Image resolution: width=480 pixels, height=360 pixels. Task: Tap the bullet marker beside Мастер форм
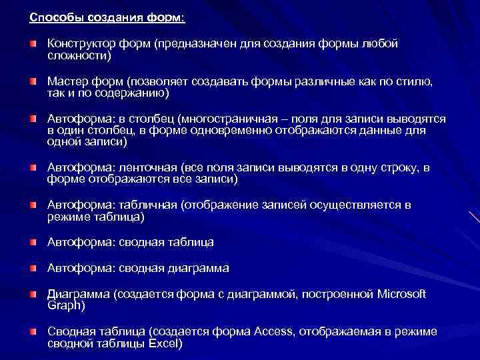click(33, 81)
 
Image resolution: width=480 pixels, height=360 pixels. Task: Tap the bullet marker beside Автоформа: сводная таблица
click(33, 242)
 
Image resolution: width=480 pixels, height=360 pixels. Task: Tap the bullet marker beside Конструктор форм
click(33, 43)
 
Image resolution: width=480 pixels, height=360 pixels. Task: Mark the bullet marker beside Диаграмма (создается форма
click(33, 294)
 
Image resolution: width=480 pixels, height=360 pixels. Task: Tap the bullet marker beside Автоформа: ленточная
click(33, 166)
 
